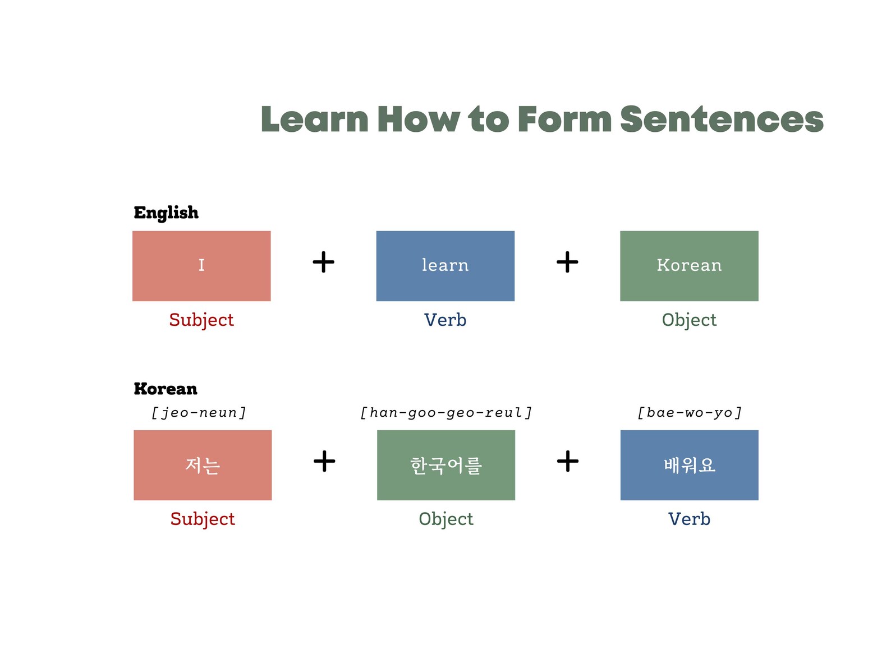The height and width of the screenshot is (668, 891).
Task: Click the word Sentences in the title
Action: [x=722, y=119]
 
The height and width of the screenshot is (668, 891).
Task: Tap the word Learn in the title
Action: [x=315, y=119]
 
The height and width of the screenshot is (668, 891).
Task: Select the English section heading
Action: [x=166, y=213]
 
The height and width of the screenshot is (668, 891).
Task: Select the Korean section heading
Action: [x=166, y=389]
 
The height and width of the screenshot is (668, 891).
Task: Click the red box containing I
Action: [x=201, y=266]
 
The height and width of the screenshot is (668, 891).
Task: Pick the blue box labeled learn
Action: [x=445, y=266]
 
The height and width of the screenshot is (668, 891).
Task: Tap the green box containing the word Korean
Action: [x=689, y=266]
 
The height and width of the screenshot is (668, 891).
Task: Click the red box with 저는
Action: [x=203, y=465]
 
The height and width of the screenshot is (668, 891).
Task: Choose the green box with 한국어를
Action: [x=446, y=465]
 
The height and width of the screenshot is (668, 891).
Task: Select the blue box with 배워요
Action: [x=689, y=465]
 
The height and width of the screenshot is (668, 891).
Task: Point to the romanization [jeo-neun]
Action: [x=199, y=413]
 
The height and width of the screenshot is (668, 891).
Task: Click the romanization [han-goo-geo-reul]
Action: [x=446, y=413]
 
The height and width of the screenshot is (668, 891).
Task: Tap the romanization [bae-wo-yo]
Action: [x=690, y=413]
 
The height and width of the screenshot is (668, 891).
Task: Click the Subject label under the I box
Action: [x=201, y=320]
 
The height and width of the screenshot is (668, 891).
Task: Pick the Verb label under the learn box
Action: [x=445, y=320]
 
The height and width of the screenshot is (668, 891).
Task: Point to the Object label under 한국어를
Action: [x=446, y=519]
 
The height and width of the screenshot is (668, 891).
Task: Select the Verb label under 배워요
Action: [x=689, y=519]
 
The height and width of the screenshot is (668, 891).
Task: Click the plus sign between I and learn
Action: [x=323, y=262]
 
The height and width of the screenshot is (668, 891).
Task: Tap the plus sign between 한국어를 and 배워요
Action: [x=567, y=461]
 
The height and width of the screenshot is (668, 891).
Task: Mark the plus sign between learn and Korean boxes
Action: [x=567, y=262]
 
